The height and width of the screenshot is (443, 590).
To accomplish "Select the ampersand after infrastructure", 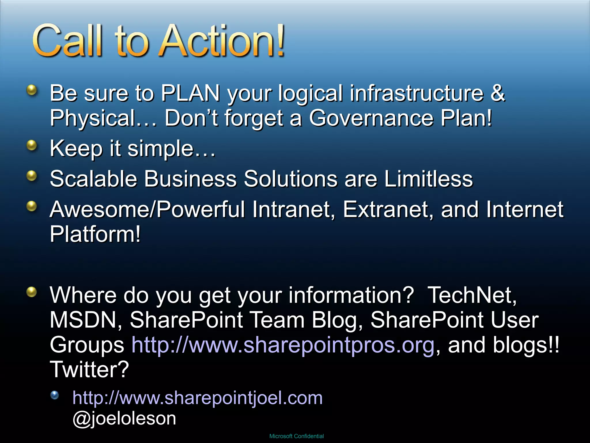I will point(498,93).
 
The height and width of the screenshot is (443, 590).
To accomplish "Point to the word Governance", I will point(371,118).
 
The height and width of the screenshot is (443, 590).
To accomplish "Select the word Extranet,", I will point(388,209).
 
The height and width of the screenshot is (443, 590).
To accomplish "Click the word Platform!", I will point(95,234).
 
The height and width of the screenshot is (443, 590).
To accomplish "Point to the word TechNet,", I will point(472,295).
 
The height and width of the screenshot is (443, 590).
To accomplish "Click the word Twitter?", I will point(90,369).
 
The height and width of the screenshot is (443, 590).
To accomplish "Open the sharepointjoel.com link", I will point(197,398).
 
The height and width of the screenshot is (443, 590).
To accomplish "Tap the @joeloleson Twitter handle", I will point(124,418).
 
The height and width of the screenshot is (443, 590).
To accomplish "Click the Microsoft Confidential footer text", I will point(296,436).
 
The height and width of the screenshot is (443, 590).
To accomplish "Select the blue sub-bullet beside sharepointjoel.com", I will point(54,395).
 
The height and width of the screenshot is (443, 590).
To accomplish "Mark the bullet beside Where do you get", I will point(32,292).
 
